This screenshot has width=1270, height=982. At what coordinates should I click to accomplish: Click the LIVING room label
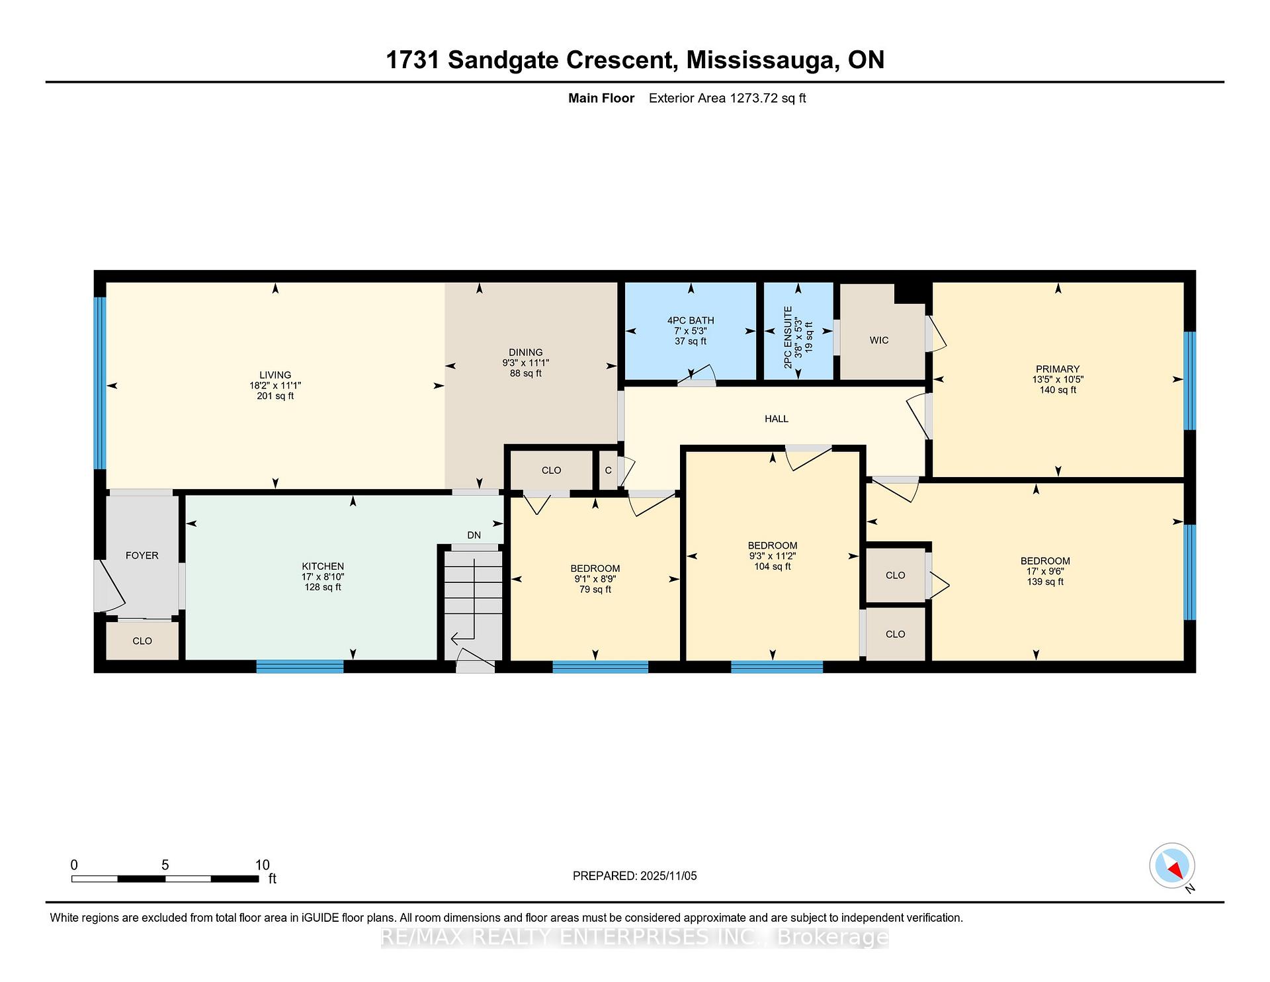click(275, 375)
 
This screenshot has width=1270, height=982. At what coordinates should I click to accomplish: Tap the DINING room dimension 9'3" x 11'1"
click(525, 363)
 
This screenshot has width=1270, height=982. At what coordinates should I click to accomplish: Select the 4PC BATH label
click(691, 320)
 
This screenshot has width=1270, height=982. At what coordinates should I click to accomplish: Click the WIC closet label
click(879, 340)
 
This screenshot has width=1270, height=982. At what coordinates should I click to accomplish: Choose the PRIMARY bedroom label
click(1058, 369)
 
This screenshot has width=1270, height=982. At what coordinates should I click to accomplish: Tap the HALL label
click(777, 419)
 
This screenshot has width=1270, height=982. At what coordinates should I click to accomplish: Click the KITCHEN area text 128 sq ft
click(323, 587)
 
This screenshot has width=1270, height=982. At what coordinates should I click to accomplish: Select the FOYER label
click(142, 555)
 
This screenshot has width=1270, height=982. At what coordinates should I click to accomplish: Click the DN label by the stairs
click(474, 535)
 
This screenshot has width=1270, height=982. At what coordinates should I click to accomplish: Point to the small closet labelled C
click(609, 470)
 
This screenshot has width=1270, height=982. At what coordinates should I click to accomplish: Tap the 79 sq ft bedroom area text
click(595, 589)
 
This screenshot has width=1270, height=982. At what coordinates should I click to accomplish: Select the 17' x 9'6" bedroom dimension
click(1045, 571)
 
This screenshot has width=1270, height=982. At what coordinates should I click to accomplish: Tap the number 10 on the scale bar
click(262, 864)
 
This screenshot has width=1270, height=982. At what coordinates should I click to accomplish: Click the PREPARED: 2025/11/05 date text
click(634, 875)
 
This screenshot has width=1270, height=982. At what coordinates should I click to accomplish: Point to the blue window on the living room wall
click(100, 382)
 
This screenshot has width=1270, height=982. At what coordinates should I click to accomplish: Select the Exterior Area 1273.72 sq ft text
click(727, 99)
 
